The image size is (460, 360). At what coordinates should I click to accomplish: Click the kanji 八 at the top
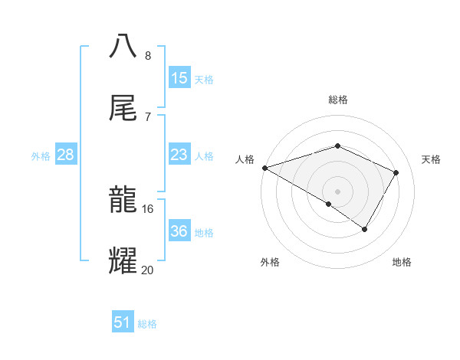click(123, 47)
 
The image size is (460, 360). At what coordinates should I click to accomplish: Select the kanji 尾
click(123, 108)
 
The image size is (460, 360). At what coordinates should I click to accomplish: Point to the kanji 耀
click(123, 261)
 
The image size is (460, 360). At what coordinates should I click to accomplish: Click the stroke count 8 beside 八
click(148, 55)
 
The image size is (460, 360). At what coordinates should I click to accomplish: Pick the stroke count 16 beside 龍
click(148, 208)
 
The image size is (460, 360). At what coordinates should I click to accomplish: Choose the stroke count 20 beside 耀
click(148, 270)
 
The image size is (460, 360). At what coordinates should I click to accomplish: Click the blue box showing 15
click(179, 78)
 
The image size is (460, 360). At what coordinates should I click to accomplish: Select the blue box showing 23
click(179, 155)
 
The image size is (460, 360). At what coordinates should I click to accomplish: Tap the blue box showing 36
click(179, 231)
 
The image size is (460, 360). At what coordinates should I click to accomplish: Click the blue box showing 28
click(66, 155)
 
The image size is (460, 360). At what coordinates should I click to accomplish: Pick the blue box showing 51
click(123, 322)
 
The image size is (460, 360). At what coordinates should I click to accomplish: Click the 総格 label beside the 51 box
click(147, 324)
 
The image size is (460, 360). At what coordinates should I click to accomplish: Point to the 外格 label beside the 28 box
click(41, 156)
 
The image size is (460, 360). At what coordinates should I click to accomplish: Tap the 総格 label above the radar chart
click(338, 100)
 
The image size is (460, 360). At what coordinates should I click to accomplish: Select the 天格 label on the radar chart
click(432, 159)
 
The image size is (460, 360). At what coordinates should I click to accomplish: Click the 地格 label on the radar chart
click(402, 262)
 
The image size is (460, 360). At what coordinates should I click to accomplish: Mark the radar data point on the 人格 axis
click(264, 168)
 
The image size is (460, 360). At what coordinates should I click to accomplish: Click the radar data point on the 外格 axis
click(329, 204)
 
